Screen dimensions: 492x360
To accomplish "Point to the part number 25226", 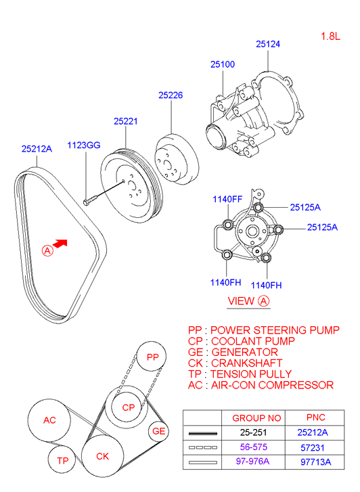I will (x=171, y=95).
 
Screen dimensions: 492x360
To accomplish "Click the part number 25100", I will (x=222, y=64).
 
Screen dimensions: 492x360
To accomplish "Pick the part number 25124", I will (x=268, y=44).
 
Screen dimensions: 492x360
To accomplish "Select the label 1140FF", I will (x=227, y=199).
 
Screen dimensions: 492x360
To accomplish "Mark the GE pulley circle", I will (x=159, y=431).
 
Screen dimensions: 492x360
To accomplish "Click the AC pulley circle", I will (x=49, y=420).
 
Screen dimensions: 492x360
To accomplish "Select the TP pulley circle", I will (x=63, y=461).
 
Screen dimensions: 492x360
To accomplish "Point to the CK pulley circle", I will (x=102, y=457).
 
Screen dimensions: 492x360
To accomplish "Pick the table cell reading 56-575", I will (x=251, y=447).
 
